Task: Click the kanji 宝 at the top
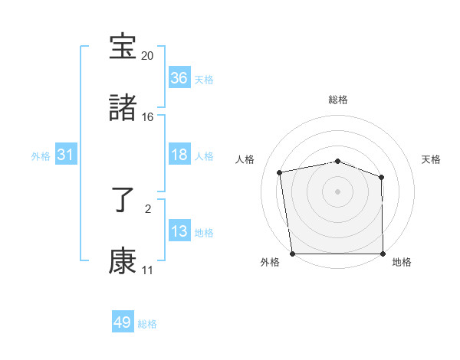coord(123,48)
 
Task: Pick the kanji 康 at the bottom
coord(123,260)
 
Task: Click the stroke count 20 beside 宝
coord(147,56)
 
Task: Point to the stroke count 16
coord(147,116)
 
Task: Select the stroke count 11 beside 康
coord(147,270)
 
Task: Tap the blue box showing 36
coord(179,78)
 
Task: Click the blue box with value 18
coord(179,155)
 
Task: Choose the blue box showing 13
coord(179,231)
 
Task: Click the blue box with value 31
coord(66,155)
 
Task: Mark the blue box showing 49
coord(123,322)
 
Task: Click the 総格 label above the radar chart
coord(337,100)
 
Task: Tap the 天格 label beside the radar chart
coord(431,159)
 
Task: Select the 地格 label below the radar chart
coord(402,263)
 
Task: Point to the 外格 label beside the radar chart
coord(270,263)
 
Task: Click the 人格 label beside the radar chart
coord(245,159)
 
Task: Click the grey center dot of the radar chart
coord(337,191)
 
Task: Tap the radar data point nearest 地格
coord(383,254)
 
